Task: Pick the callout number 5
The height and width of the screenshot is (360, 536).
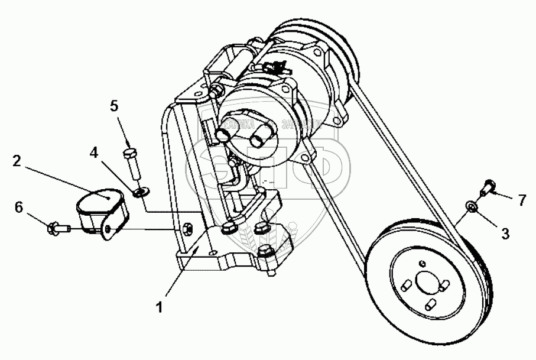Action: coord(115,106)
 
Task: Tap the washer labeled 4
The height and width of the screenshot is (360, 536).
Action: coord(141,192)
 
